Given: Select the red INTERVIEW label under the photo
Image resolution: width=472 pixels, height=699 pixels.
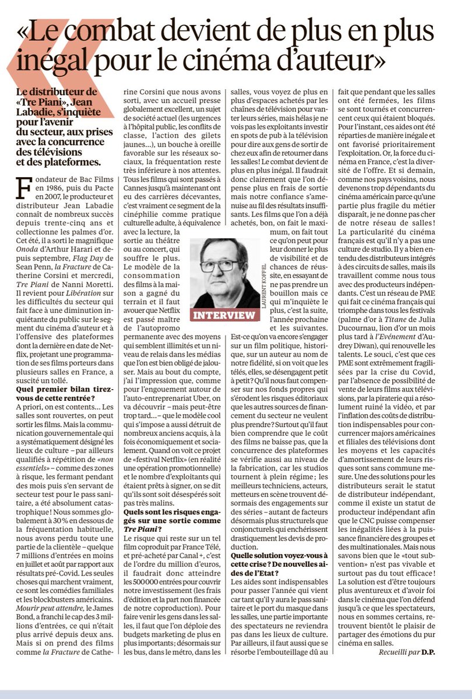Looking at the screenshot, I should coord(224,315).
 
